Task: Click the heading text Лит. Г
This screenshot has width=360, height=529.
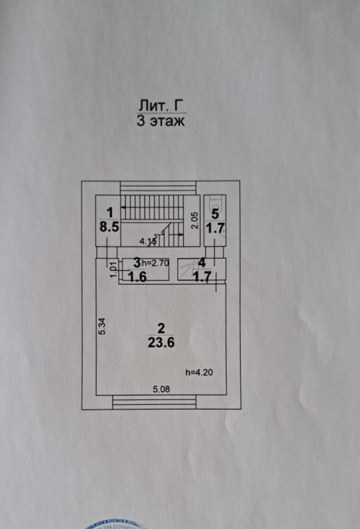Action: click(161, 106)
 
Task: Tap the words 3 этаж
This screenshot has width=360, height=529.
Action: click(161, 121)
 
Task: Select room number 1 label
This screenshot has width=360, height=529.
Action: click(109, 211)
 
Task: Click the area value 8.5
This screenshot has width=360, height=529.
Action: click(109, 227)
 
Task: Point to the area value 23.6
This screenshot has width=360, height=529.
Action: click(161, 343)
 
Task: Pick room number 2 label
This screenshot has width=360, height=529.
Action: click(161, 328)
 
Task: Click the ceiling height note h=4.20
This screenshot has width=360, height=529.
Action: click(199, 372)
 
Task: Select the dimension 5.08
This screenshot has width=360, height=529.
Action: click(161, 389)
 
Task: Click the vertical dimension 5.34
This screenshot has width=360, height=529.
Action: click(103, 326)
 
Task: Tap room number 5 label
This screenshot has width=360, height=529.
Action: click(215, 213)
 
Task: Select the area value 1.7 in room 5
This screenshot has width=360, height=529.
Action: click(215, 228)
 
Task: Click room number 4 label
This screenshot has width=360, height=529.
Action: click(202, 262)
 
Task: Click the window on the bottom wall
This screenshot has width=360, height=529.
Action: click(153, 402)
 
